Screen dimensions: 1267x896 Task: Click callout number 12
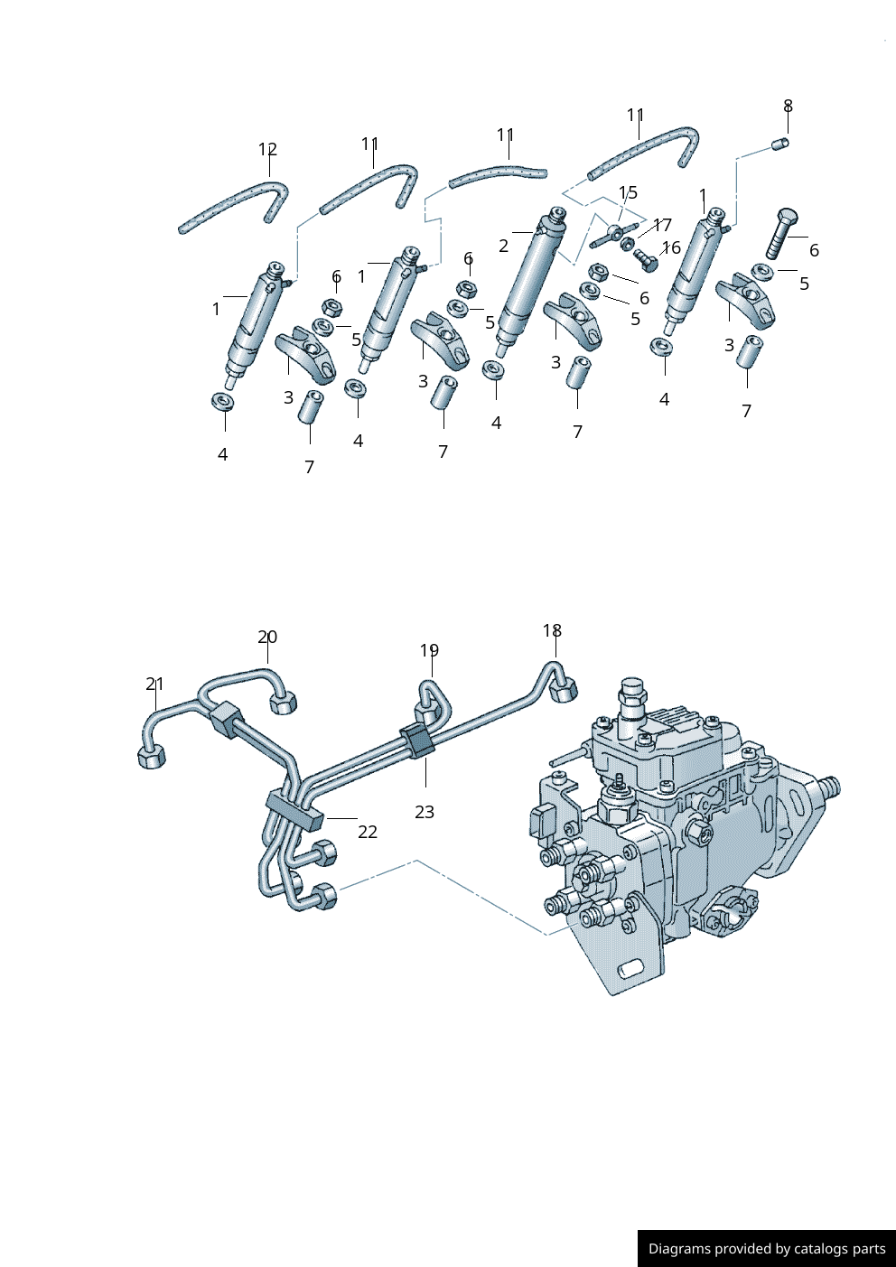click(x=267, y=150)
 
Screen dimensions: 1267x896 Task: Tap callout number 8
click(x=788, y=107)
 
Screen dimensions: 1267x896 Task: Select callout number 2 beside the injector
click(x=503, y=246)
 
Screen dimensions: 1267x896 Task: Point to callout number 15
click(x=629, y=192)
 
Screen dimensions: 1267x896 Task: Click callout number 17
click(x=663, y=226)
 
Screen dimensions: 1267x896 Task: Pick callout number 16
click(x=671, y=247)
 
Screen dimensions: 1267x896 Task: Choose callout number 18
click(x=552, y=631)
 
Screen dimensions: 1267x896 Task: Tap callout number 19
click(x=429, y=650)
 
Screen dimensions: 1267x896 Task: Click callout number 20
click(x=267, y=638)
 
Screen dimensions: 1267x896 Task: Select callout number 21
click(x=155, y=685)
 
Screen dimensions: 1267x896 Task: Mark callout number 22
click(x=368, y=832)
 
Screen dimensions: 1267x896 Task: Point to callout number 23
click(x=425, y=812)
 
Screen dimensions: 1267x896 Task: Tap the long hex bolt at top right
click(x=781, y=233)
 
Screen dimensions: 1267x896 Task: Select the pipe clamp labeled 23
click(x=418, y=740)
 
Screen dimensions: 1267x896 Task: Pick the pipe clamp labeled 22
click(x=294, y=809)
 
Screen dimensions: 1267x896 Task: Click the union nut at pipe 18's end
click(x=565, y=690)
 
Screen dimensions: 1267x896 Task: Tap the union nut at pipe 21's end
click(x=152, y=757)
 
